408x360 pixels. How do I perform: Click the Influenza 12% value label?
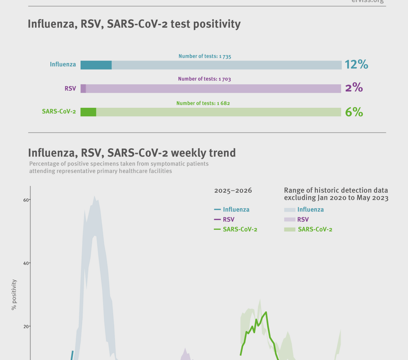point(356,65)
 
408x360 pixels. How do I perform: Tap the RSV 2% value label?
point(354,88)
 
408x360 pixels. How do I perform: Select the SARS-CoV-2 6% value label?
point(354,112)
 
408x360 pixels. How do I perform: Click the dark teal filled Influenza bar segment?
point(96,65)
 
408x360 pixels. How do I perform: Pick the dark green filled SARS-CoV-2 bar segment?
point(88,112)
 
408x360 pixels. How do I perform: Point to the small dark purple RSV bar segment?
point(83,89)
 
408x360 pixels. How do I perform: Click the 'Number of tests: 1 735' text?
point(205,56)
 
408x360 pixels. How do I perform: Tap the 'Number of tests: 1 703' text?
point(204,79)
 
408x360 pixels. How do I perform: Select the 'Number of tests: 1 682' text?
point(203,103)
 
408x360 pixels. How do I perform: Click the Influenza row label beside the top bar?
point(63,64)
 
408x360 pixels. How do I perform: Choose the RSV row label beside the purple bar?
point(70,89)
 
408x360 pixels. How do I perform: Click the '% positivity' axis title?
point(14,295)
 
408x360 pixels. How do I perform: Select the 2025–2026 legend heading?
point(233,191)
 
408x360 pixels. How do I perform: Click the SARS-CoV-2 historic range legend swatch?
point(289,230)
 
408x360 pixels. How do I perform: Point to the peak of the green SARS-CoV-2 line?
point(266,312)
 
